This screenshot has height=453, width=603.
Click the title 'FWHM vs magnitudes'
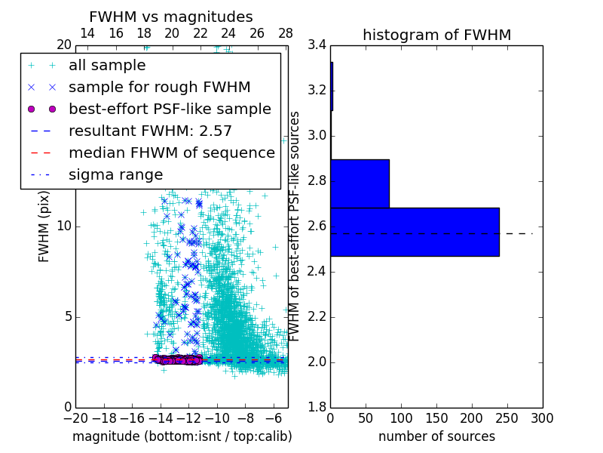tap(171, 17)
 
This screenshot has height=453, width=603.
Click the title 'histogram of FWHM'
tap(436, 35)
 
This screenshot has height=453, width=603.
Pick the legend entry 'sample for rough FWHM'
tap(159, 87)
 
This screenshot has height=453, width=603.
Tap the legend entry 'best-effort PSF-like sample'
tap(170, 109)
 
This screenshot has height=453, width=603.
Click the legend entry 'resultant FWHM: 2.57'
tap(150, 131)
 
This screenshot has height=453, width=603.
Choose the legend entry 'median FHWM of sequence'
tap(171, 153)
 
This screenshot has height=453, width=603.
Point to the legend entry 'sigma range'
tap(115, 174)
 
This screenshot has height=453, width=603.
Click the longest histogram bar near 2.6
tap(415, 232)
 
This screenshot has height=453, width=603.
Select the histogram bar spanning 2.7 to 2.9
tap(360, 183)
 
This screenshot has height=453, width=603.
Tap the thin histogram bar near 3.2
tap(332, 86)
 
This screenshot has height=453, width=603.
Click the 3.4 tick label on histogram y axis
tap(317, 45)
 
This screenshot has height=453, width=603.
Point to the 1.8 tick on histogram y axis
tap(317, 408)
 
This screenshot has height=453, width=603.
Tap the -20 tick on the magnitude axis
tap(75, 419)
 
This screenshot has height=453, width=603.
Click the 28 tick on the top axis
tap(286, 33)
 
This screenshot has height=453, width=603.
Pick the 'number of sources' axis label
tap(436, 436)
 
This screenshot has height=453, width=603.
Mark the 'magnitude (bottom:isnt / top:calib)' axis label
tap(182, 436)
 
